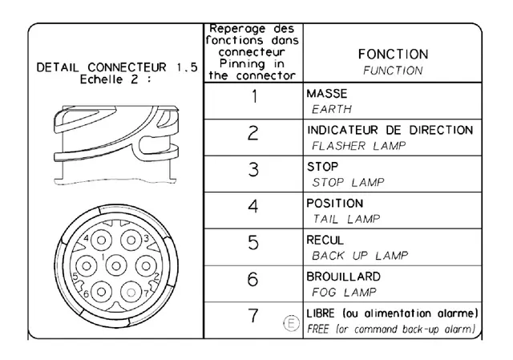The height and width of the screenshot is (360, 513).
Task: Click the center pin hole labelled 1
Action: click(116, 265)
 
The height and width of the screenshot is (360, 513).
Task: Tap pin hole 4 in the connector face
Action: click(101, 241)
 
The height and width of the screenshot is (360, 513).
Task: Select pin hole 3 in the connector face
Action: click(131, 241)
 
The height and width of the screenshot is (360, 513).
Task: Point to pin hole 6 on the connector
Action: click(101, 292)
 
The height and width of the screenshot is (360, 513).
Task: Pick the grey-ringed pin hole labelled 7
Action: click(131, 292)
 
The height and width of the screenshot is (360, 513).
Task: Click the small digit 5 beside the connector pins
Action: click(75, 277)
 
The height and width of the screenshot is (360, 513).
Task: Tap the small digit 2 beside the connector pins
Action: click(157, 277)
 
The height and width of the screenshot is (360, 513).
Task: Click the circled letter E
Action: click(291, 323)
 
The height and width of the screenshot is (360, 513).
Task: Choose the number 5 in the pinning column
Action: click(253, 243)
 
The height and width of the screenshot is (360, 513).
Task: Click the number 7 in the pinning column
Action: click(253, 316)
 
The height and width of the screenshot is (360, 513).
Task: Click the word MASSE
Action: click(327, 94)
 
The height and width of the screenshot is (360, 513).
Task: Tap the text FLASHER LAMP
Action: click(359, 146)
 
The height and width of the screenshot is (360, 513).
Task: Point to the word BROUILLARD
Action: click(344, 277)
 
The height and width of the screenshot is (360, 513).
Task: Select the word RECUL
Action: click(325, 241)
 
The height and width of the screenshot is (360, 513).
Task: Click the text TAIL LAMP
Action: click(346, 219)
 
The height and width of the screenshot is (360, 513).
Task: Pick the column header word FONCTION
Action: click(393, 55)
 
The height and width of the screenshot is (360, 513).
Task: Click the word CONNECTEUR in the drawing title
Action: click(127, 67)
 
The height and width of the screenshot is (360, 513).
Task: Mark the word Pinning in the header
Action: click(242, 64)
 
